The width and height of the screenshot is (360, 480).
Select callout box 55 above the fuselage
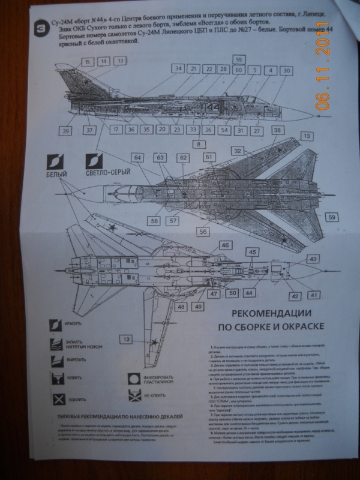[238, 60]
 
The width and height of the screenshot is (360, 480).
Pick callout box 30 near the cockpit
[287, 71]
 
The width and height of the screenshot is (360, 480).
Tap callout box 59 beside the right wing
[332, 217]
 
